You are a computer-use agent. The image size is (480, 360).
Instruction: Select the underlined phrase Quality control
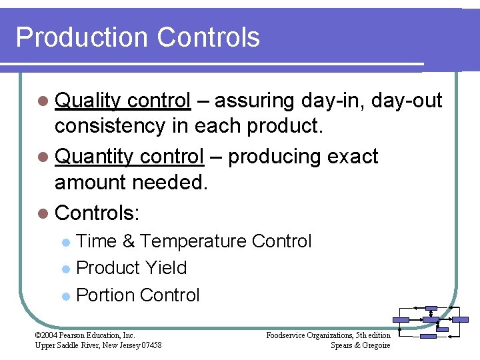[x=123, y=101]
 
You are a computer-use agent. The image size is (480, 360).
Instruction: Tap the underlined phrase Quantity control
[x=129, y=157]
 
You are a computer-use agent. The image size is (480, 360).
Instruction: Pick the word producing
[x=276, y=157]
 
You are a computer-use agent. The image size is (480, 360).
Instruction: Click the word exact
[x=353, y=157]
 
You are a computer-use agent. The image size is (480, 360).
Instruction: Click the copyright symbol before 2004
[x=37, y=335]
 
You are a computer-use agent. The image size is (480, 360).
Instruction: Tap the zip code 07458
[x=150, y=345]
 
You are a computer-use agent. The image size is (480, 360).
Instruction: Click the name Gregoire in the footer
[x=375, y=345]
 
